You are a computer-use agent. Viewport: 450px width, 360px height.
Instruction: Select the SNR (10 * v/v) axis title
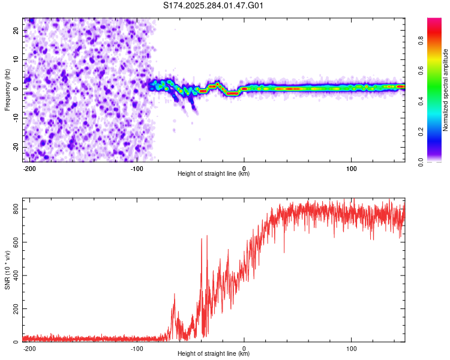pyautogui.click(x=7, y=271)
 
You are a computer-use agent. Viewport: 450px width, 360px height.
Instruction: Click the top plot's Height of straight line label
pyautogui.click(x=214, y=173)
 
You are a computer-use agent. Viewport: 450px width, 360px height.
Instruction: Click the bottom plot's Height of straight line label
pyautogui.click(x=214, y=353)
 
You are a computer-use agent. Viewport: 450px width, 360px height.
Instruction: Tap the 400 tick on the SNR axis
pyautogui.click(x=14, y=275)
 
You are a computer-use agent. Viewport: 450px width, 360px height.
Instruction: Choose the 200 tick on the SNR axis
pyautogui.click(x=14, y=309)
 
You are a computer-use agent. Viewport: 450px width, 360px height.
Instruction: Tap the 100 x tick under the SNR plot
pyautogui.click(x=351, y=347)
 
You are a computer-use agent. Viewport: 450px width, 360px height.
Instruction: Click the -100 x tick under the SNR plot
pyautogui.click(x=137, y=347)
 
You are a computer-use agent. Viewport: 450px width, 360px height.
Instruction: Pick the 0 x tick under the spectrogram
pyautogui.click(x=244, y=167)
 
